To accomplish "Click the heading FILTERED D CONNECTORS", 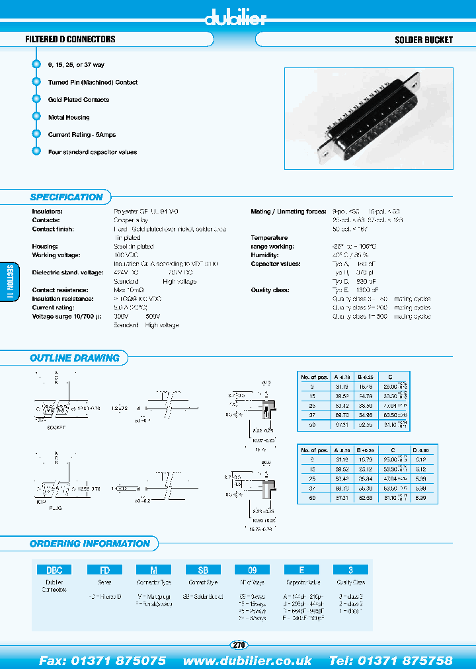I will [x=70, y=40].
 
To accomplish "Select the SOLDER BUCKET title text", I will [x=423, y=40].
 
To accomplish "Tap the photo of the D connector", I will [x=368, y=120].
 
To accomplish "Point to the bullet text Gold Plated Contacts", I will [x=79, y=100].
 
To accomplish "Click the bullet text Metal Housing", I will [x=69, y=117].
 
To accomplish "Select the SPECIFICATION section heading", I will [x=66, y=197].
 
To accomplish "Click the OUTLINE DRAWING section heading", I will [x=75, y=358].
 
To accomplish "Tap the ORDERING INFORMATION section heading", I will [x=90, y=543].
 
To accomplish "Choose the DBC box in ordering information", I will [x=54, y=569].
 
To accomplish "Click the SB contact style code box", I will [x=204, y=569].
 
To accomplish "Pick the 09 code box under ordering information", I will [x=253, y=569].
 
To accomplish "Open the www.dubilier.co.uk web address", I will [x=247, y=660].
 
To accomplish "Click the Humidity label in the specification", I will [x=264, y=255].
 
